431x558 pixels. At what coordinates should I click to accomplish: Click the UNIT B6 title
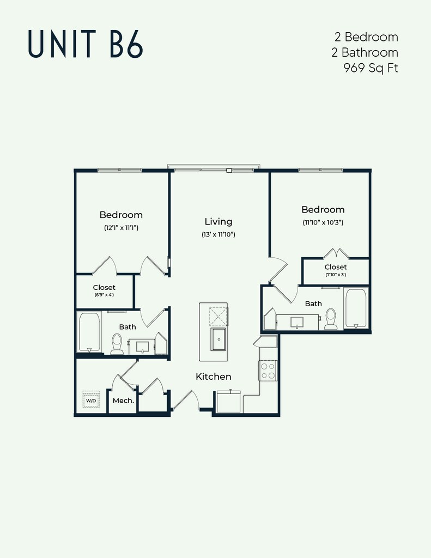pos(86,44)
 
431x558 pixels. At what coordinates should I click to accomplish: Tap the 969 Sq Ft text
pos(371,68)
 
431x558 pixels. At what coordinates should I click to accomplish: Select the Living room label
pos(218,221)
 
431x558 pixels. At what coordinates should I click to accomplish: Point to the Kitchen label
pos(214,376)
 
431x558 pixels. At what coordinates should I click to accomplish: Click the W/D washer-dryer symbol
pos(91,399)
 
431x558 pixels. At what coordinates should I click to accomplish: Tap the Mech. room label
pos(123,401)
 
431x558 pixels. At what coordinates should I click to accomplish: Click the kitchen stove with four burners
pos(268,371)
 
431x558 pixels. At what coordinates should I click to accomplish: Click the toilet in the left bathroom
pos(117,344)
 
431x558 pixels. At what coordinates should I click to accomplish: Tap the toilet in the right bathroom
pos(331,318)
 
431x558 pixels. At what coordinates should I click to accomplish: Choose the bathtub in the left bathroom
pos(89,332)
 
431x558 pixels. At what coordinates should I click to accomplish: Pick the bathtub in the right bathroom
pos(356,308)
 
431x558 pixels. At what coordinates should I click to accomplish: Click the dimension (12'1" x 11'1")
pos(121,228)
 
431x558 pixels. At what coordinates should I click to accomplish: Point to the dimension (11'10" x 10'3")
pos(323,223)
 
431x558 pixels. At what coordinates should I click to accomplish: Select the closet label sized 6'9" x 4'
pos(104,287)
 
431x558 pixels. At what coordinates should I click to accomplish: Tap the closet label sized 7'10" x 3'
pos(336,267)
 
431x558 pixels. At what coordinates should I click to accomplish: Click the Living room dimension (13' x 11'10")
pos(218,234)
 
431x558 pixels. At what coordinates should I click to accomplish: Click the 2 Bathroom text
pos(365,52)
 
